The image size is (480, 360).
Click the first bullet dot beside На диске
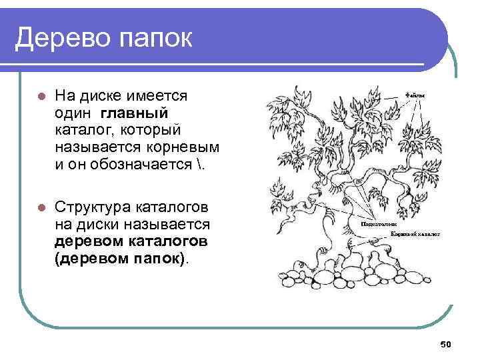[x=40, y=96]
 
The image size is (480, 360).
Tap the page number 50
[x=447, y=344]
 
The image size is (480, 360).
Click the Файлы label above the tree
[x=414, y=95]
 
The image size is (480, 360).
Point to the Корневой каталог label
[x=415, y=235]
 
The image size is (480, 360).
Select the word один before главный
[x=74, y=113]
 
